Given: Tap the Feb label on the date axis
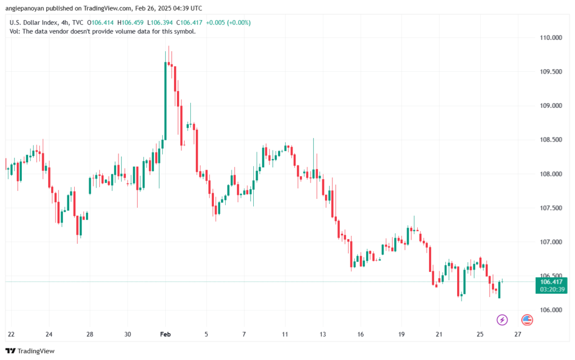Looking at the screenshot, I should [166, 334].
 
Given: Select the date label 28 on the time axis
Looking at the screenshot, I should [90, 334].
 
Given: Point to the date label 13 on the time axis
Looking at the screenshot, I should [323, 334].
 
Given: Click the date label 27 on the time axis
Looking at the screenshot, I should [518, 334].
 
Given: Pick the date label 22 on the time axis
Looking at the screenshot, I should [11, 334].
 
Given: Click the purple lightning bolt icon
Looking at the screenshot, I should [502, 320].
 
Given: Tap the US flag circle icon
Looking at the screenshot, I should [527, 320].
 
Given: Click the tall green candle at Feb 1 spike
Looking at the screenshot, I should [165, 101].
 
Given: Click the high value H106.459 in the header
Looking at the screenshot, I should [131, 22].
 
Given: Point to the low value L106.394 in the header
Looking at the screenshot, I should [161, 22].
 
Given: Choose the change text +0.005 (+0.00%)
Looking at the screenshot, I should [229, 22].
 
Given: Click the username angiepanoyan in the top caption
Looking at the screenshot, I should [28, 8].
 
